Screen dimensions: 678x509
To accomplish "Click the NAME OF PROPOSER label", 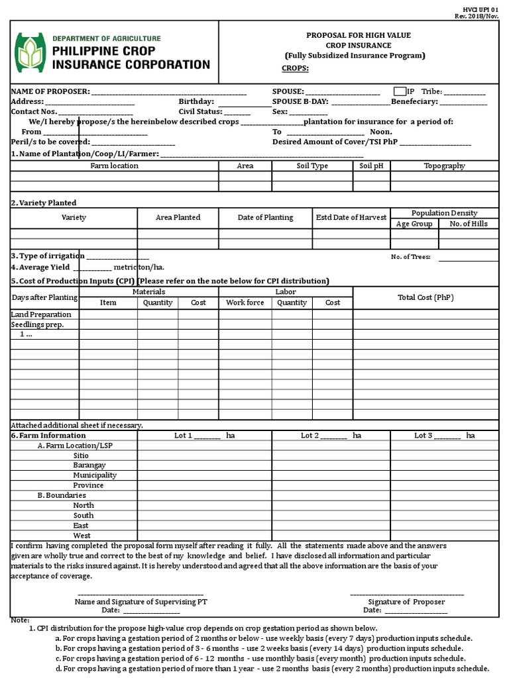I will point(49,91).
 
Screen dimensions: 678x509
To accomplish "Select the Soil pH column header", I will point(371,166).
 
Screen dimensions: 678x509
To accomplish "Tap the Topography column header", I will point(444,166).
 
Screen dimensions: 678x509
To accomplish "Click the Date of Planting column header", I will point(265,217).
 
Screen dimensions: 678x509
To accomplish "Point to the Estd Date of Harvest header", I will point(351,217).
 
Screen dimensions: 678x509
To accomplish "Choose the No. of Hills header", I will point(468,224).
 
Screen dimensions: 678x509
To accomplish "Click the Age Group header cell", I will point(414,224).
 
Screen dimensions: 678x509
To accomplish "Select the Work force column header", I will point(245,303).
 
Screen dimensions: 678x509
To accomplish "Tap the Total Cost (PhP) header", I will point(425,297).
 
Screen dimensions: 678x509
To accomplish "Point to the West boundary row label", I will point(82,536).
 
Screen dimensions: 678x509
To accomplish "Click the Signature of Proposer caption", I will point(406,602).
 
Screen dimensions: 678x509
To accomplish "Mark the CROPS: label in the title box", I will point(295,68).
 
